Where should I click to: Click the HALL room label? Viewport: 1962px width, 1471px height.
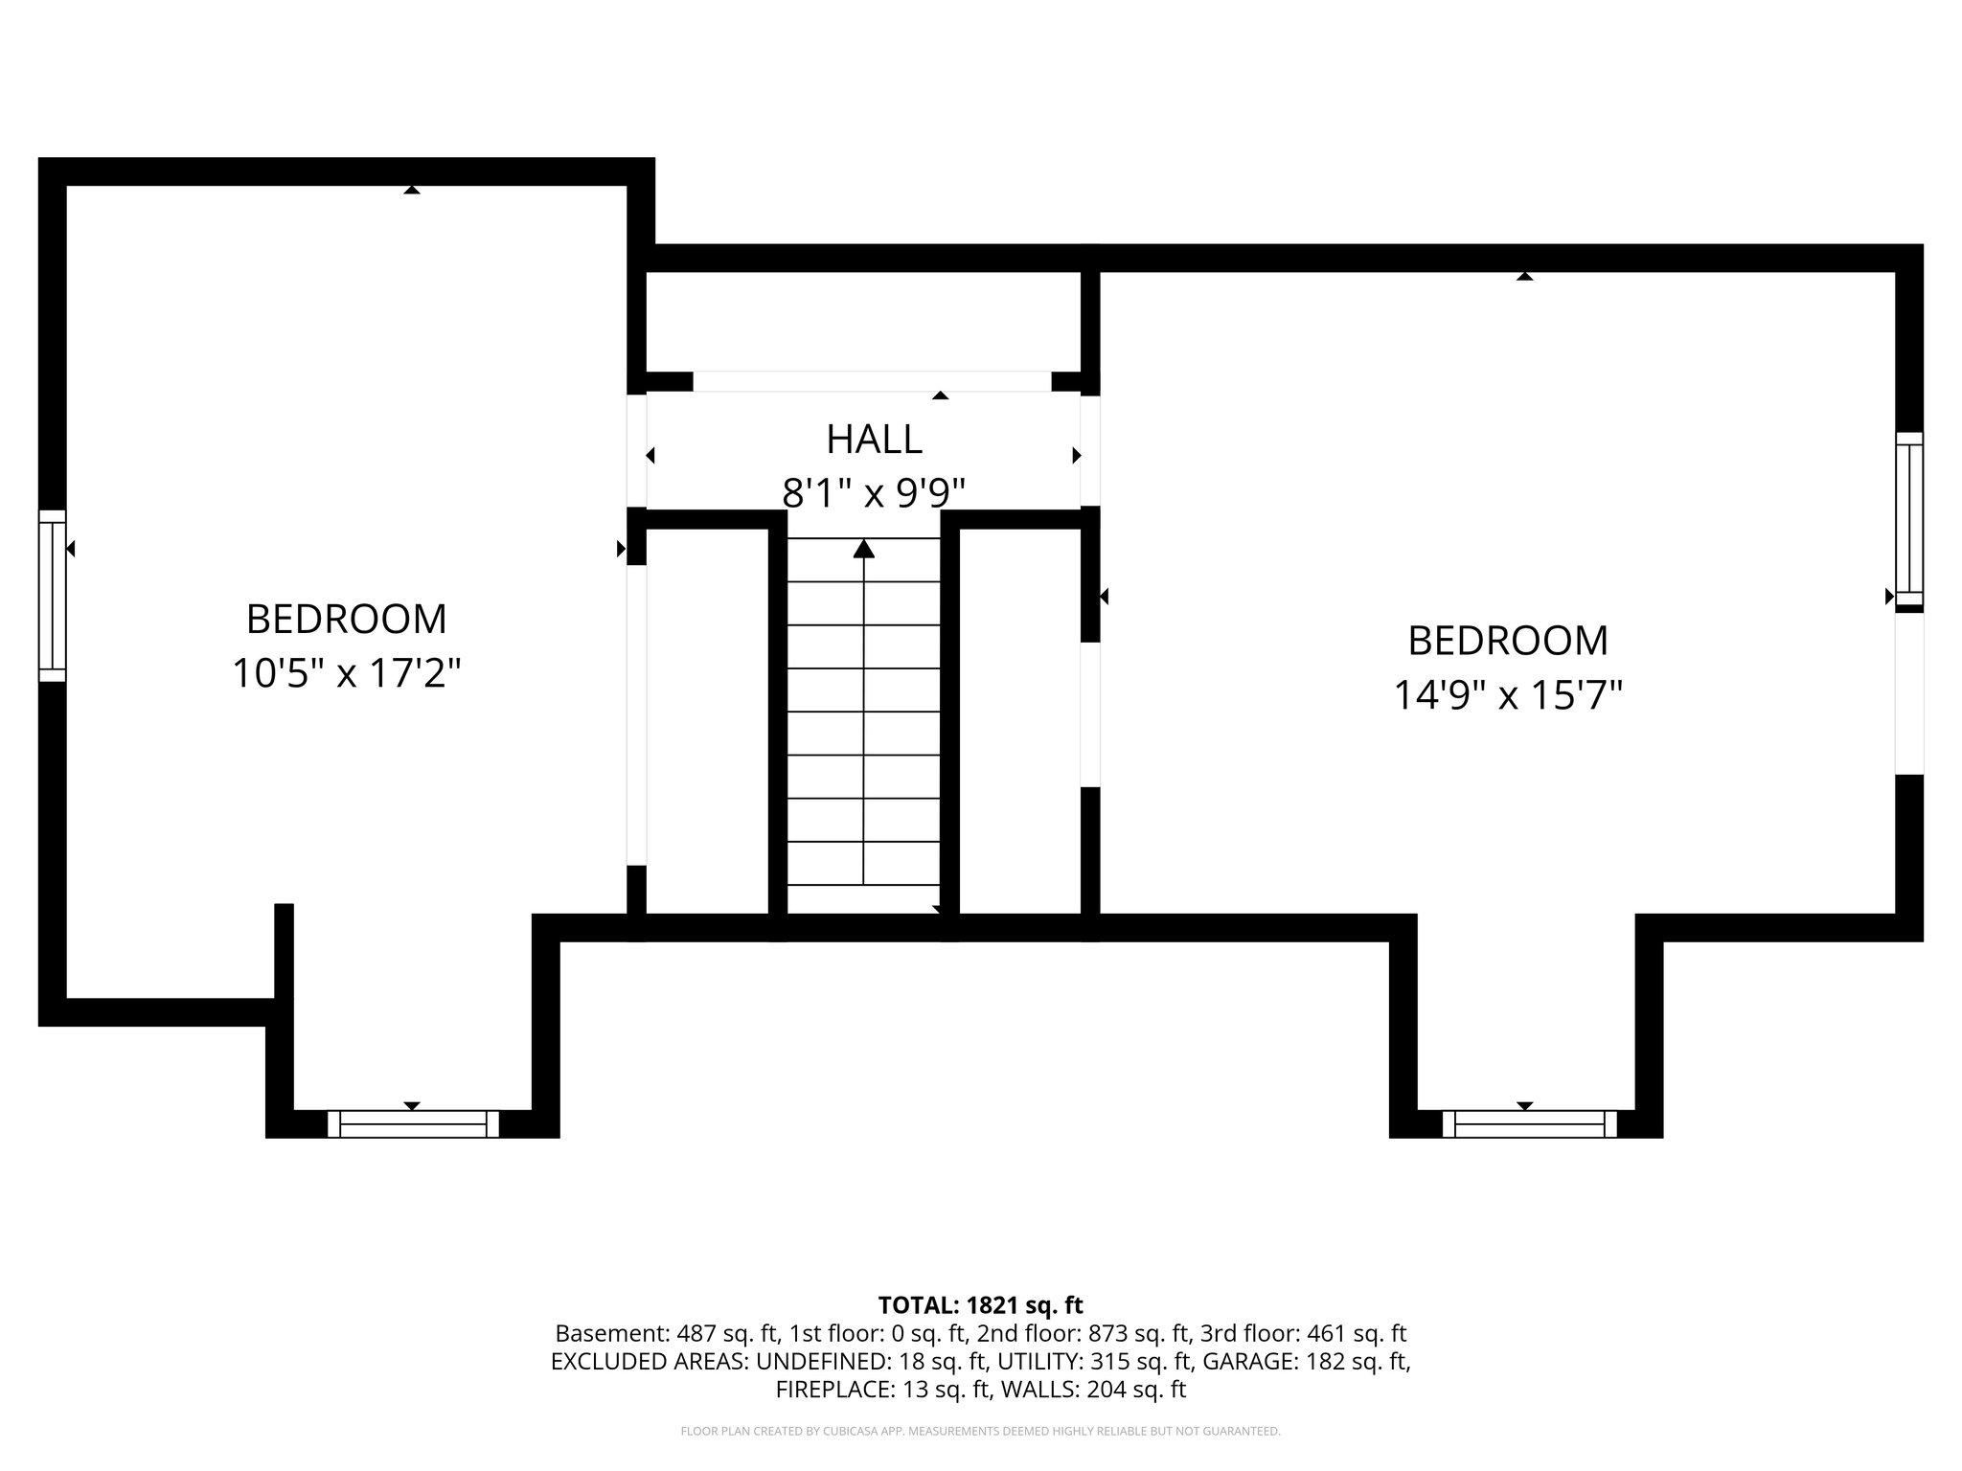pyautogui.click(x=874, y=440)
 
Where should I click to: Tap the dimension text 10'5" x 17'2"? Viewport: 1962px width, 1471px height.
pyautogui.click(x=347, y=673)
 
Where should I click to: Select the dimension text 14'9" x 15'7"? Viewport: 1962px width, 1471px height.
pyautogui.click(x=1507, y=695)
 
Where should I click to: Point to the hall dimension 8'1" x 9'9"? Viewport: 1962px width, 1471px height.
pyautogui.click(x=874, y=494)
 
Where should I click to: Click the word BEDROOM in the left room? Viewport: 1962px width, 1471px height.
pyautogui.click(x=347, y=620)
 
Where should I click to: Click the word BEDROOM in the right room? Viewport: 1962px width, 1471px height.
pyautogui.click(x=1507, y=641)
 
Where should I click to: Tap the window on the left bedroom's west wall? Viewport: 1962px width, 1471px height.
pyautogui.click(x=53, y=595)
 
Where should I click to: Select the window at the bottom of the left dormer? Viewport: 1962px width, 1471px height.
pyautogui.click(x=413, y=1123)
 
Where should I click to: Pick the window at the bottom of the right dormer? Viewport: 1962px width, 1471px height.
pyautogui.click(x=1529, y=1123)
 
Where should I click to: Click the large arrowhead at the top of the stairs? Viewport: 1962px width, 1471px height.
pyautogui.click(x=864, y=549)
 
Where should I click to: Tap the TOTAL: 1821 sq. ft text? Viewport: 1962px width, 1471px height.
pyautogui.click(x=980, y=1305)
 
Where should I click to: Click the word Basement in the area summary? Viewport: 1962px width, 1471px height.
pyautogui.click(x=599, y=1333)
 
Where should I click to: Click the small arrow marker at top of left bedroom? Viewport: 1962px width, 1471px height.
pyautogui.click(x=412, y=190)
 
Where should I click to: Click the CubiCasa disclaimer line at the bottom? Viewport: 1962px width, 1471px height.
pyautogui.click(x=980, y=1432)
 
